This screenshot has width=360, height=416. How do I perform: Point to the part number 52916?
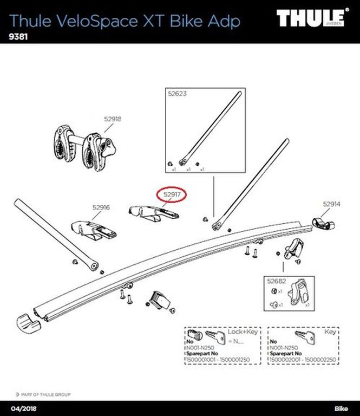tap(101, 207)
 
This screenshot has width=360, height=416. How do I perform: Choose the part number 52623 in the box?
tap(177, 94)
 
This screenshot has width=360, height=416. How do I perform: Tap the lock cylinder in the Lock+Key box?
tap(195, 335)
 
